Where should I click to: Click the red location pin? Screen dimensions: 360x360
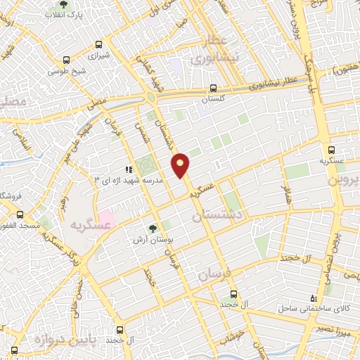tap(181, 164)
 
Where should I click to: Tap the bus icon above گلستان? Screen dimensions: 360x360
tap(213, 89)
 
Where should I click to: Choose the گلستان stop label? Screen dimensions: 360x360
tap(213, 100)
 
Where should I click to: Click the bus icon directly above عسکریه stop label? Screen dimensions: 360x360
tap(332, 150)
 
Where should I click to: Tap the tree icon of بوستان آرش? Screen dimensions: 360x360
tap(153, 229)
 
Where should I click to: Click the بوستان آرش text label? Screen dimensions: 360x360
tap(153, 240)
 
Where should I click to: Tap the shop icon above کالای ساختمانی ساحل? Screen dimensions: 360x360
tap(314, 297)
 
